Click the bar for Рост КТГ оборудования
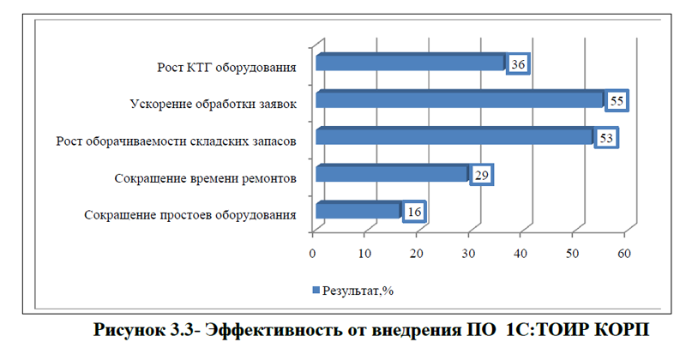[x=409, y=63]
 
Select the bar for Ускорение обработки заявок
[x=459, y=100]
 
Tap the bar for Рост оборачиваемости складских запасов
[x=454, y=137]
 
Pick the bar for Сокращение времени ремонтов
[x=391, y=174]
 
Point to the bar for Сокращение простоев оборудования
[x=357, y=211]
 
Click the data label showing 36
[x=518, y=65]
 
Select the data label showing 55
[x=616, y=101]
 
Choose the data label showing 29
[x=481, y=175]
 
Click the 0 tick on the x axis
[x=314, y=253]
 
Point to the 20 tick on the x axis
[x=417, y=253]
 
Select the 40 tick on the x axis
[x=521, y=253]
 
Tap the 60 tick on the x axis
[x=624, y=253]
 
